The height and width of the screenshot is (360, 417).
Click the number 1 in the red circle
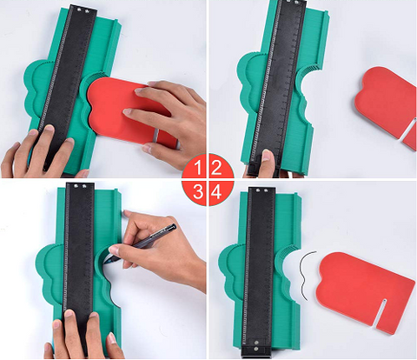[198, 168]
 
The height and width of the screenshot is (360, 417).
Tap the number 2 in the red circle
[216, 168]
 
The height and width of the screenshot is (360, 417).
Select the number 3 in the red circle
[198, 191]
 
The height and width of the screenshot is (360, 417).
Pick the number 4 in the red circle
[216, 191]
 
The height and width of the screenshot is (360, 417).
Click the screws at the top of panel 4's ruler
[261, 191]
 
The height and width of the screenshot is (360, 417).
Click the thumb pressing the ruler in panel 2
[267, 161]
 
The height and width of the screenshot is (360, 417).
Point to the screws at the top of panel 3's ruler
[80, 186]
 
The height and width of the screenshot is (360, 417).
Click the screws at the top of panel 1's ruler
[83, 10]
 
